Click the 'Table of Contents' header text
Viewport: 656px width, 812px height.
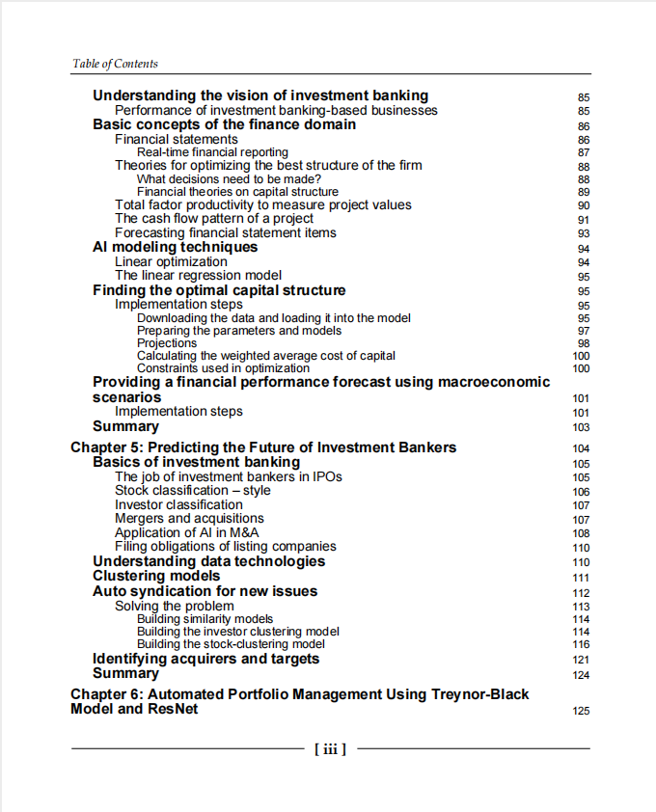115,64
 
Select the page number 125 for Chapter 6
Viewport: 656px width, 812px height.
580,711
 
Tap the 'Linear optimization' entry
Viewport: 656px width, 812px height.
171,261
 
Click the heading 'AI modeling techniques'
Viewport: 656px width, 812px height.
175,247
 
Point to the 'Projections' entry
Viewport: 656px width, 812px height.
167,343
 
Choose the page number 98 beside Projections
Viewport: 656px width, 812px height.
583,344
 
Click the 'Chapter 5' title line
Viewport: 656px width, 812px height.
263,447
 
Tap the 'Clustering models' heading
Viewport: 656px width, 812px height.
156,576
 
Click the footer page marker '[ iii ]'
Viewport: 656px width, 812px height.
330,747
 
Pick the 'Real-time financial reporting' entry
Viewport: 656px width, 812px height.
212,152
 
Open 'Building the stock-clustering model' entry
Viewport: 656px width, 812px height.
231,643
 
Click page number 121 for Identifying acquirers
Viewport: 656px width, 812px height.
581,660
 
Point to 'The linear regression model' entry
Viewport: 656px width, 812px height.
198,276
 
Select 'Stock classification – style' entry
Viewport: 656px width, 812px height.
192,490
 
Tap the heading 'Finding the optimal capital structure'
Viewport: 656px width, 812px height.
219,290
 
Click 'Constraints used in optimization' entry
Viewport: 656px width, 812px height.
223,368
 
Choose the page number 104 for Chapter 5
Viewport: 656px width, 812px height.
581,448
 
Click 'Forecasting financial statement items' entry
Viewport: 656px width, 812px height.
226,232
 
